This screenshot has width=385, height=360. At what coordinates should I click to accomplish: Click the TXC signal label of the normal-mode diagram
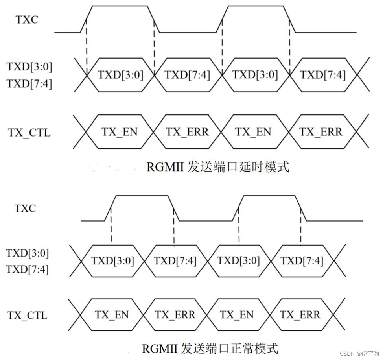tap(25, 208)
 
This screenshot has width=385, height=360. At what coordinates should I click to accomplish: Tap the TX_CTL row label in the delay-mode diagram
tap(29, 132)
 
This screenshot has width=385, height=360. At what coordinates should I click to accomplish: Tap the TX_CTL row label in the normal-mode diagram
tap(27, 315)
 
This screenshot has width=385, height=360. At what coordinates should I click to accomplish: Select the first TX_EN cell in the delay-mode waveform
tap(120, 132)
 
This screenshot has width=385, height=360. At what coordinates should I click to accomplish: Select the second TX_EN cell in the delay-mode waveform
tap(253, 132)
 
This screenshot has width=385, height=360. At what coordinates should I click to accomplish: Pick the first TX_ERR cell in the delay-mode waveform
tap(187, 132)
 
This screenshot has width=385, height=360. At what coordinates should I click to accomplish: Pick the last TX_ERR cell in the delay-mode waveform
tap(321, 132)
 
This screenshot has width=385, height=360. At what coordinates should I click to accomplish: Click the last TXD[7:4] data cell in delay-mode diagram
tap(323, 75)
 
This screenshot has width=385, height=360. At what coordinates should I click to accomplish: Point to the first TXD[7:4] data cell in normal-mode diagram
tap(175, 261)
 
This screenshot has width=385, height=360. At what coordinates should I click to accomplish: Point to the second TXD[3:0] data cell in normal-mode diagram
tap(238, 261)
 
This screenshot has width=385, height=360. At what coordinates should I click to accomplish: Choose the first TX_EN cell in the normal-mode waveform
tap(112, 315)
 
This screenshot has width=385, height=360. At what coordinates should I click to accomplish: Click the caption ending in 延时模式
tap(218, 167)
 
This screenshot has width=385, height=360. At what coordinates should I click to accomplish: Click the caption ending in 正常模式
tap(210, 349)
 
